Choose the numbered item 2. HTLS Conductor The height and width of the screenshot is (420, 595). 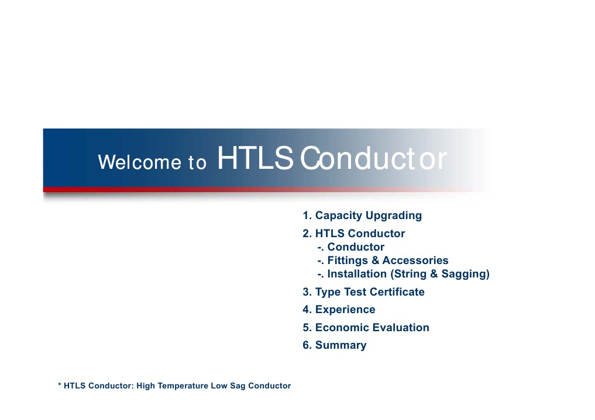(353, 234)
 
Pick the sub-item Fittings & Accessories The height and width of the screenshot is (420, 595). (387, 261)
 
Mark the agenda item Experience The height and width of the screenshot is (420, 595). (345, 310)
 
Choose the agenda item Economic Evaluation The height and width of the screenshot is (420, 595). (372, 328)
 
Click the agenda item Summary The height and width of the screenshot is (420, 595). (341, 345)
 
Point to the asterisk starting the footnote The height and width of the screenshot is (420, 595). (60, 385)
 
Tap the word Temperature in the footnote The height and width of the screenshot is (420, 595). (182, 386)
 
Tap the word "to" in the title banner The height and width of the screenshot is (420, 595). (197, 162)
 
